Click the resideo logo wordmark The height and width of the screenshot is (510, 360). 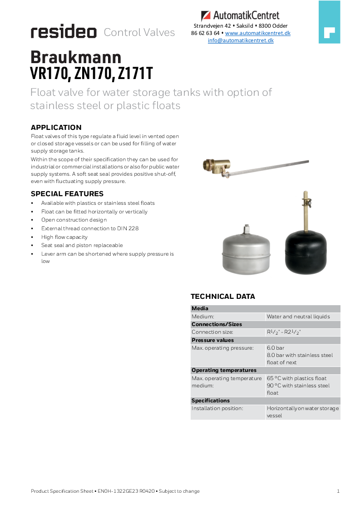point(64,32)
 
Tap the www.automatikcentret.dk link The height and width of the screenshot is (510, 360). point(257,33)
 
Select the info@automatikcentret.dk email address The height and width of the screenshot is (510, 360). point(241,40)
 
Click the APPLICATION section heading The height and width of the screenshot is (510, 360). point(56,128)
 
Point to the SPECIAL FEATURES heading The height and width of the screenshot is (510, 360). point(67,194)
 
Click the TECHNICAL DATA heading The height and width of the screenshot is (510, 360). point(223,297)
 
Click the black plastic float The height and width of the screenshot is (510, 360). point(306,252)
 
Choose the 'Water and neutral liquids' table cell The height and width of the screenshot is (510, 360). point(298,317)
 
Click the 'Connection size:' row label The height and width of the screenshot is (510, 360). point(212,332)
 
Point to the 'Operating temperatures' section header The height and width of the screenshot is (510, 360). point(224,370)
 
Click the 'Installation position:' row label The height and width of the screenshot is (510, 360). point(217,408)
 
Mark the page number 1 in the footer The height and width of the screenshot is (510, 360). point(338,491)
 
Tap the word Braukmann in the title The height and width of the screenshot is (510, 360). point(76,57)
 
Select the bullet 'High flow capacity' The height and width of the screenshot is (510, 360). point(64,237)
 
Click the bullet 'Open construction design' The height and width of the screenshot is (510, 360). point(74,220)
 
